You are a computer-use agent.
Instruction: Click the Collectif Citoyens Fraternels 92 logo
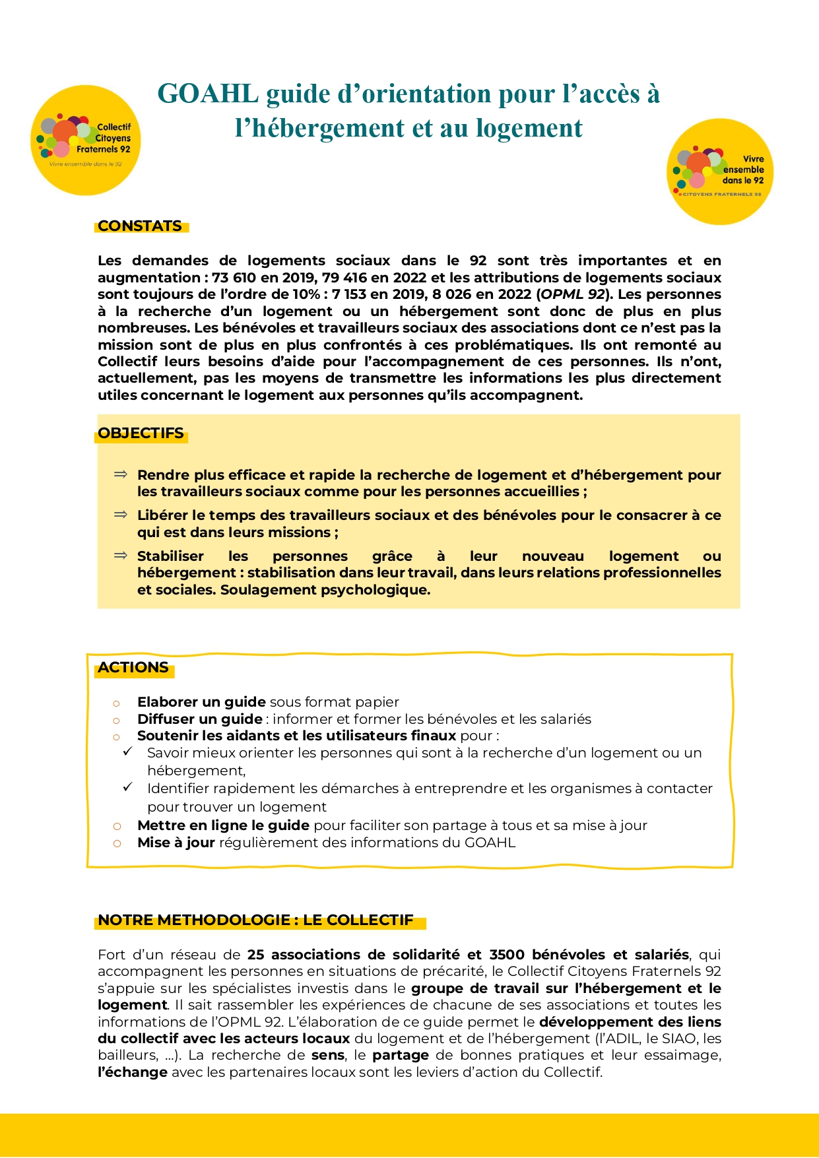click(x=86, y=140)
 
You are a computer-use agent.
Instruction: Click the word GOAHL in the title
click(x=207, y=94)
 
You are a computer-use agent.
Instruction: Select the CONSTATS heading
click(x=140, y=226)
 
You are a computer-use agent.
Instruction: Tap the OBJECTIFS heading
click(x=141, y=434)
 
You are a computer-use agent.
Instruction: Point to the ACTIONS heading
click(x=133, y=668)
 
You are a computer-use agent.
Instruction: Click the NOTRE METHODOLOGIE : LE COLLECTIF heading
click(x=256, y=920)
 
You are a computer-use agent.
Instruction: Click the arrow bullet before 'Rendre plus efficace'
click(x=120, y=474)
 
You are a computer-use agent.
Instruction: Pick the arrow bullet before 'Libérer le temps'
click(x=120, y=515)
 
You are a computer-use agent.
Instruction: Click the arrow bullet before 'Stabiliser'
click(x=120, y=556)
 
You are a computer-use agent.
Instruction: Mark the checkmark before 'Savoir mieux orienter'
click(x=128, y=752)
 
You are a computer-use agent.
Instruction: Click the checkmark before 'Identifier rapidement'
click(x=128, y=787)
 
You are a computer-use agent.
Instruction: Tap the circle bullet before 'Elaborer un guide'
click(x=117, y=703)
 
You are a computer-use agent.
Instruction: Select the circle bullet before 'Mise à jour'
click(x=117, y=844)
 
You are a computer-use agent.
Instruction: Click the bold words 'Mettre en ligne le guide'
click(x=223, y=825)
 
